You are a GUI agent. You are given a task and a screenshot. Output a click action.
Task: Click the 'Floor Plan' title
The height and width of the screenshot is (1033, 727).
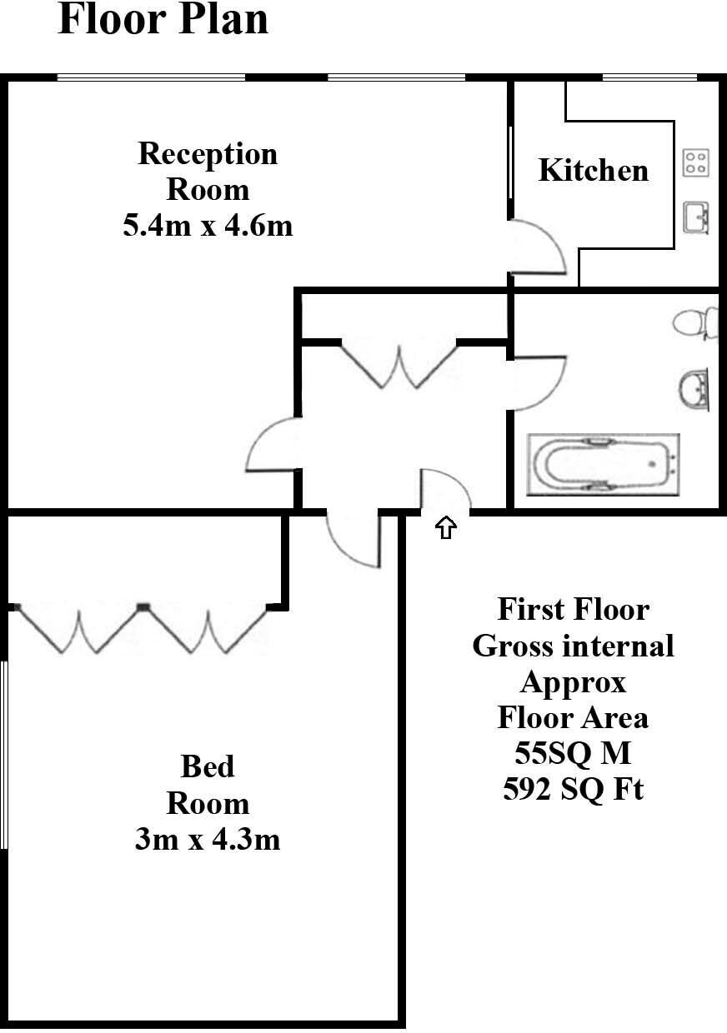[163, 20]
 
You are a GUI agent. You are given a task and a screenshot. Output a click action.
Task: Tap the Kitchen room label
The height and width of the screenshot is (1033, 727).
[593, 170]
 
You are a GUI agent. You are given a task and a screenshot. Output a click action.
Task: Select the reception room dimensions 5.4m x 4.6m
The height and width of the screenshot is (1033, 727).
[208, 225]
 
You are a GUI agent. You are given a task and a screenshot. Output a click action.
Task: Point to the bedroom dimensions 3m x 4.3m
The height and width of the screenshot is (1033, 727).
[208, 839]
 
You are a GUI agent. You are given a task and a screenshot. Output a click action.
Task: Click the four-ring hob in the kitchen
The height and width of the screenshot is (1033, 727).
[694, 162]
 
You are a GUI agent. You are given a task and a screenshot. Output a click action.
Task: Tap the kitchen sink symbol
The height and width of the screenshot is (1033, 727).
[696, 217]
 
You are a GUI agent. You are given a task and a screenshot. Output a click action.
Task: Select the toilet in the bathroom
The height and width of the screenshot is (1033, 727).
[697, 322]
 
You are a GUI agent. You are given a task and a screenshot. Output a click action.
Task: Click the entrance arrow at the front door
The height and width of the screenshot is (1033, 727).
[446, 527]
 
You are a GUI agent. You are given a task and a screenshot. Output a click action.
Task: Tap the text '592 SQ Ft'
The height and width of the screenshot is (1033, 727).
[573, 788]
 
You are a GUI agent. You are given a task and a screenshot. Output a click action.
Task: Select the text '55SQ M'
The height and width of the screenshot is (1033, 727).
[573, 752]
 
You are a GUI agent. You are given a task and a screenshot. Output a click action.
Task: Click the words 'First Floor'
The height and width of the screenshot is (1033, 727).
[573, 609]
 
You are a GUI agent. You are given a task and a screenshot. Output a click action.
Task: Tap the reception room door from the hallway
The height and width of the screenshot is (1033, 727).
[271, 446]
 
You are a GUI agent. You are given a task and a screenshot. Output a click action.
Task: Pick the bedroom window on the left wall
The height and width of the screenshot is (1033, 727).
[4, 754]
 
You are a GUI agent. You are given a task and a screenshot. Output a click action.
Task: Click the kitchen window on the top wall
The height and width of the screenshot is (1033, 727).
[649, 78]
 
